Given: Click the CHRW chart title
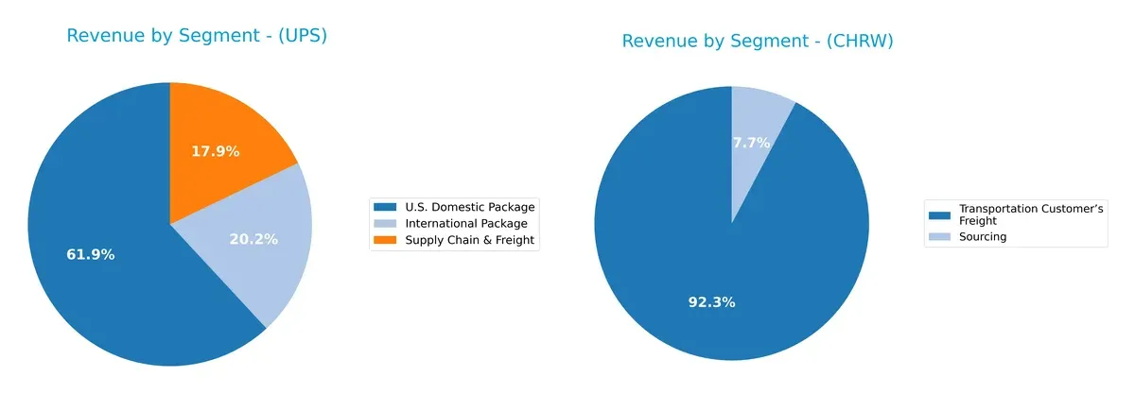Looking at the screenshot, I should (757, 41).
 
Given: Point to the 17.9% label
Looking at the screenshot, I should (216, 151).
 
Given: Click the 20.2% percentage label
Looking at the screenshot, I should (253, 239).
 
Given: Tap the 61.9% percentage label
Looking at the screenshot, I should (91, 254).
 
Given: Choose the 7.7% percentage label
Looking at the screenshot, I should (751, 143).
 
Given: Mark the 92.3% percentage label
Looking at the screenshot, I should (711, 302).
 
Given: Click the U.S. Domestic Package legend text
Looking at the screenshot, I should (469, 207).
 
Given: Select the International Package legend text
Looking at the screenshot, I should (465, 223).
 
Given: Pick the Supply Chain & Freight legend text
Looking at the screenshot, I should (469, 240).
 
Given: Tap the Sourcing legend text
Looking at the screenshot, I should (983, 236).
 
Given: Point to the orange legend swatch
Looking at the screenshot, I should (386, 240).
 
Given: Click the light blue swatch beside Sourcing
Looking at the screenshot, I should (939, 236).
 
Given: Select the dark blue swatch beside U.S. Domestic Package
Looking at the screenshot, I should (386, 207).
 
